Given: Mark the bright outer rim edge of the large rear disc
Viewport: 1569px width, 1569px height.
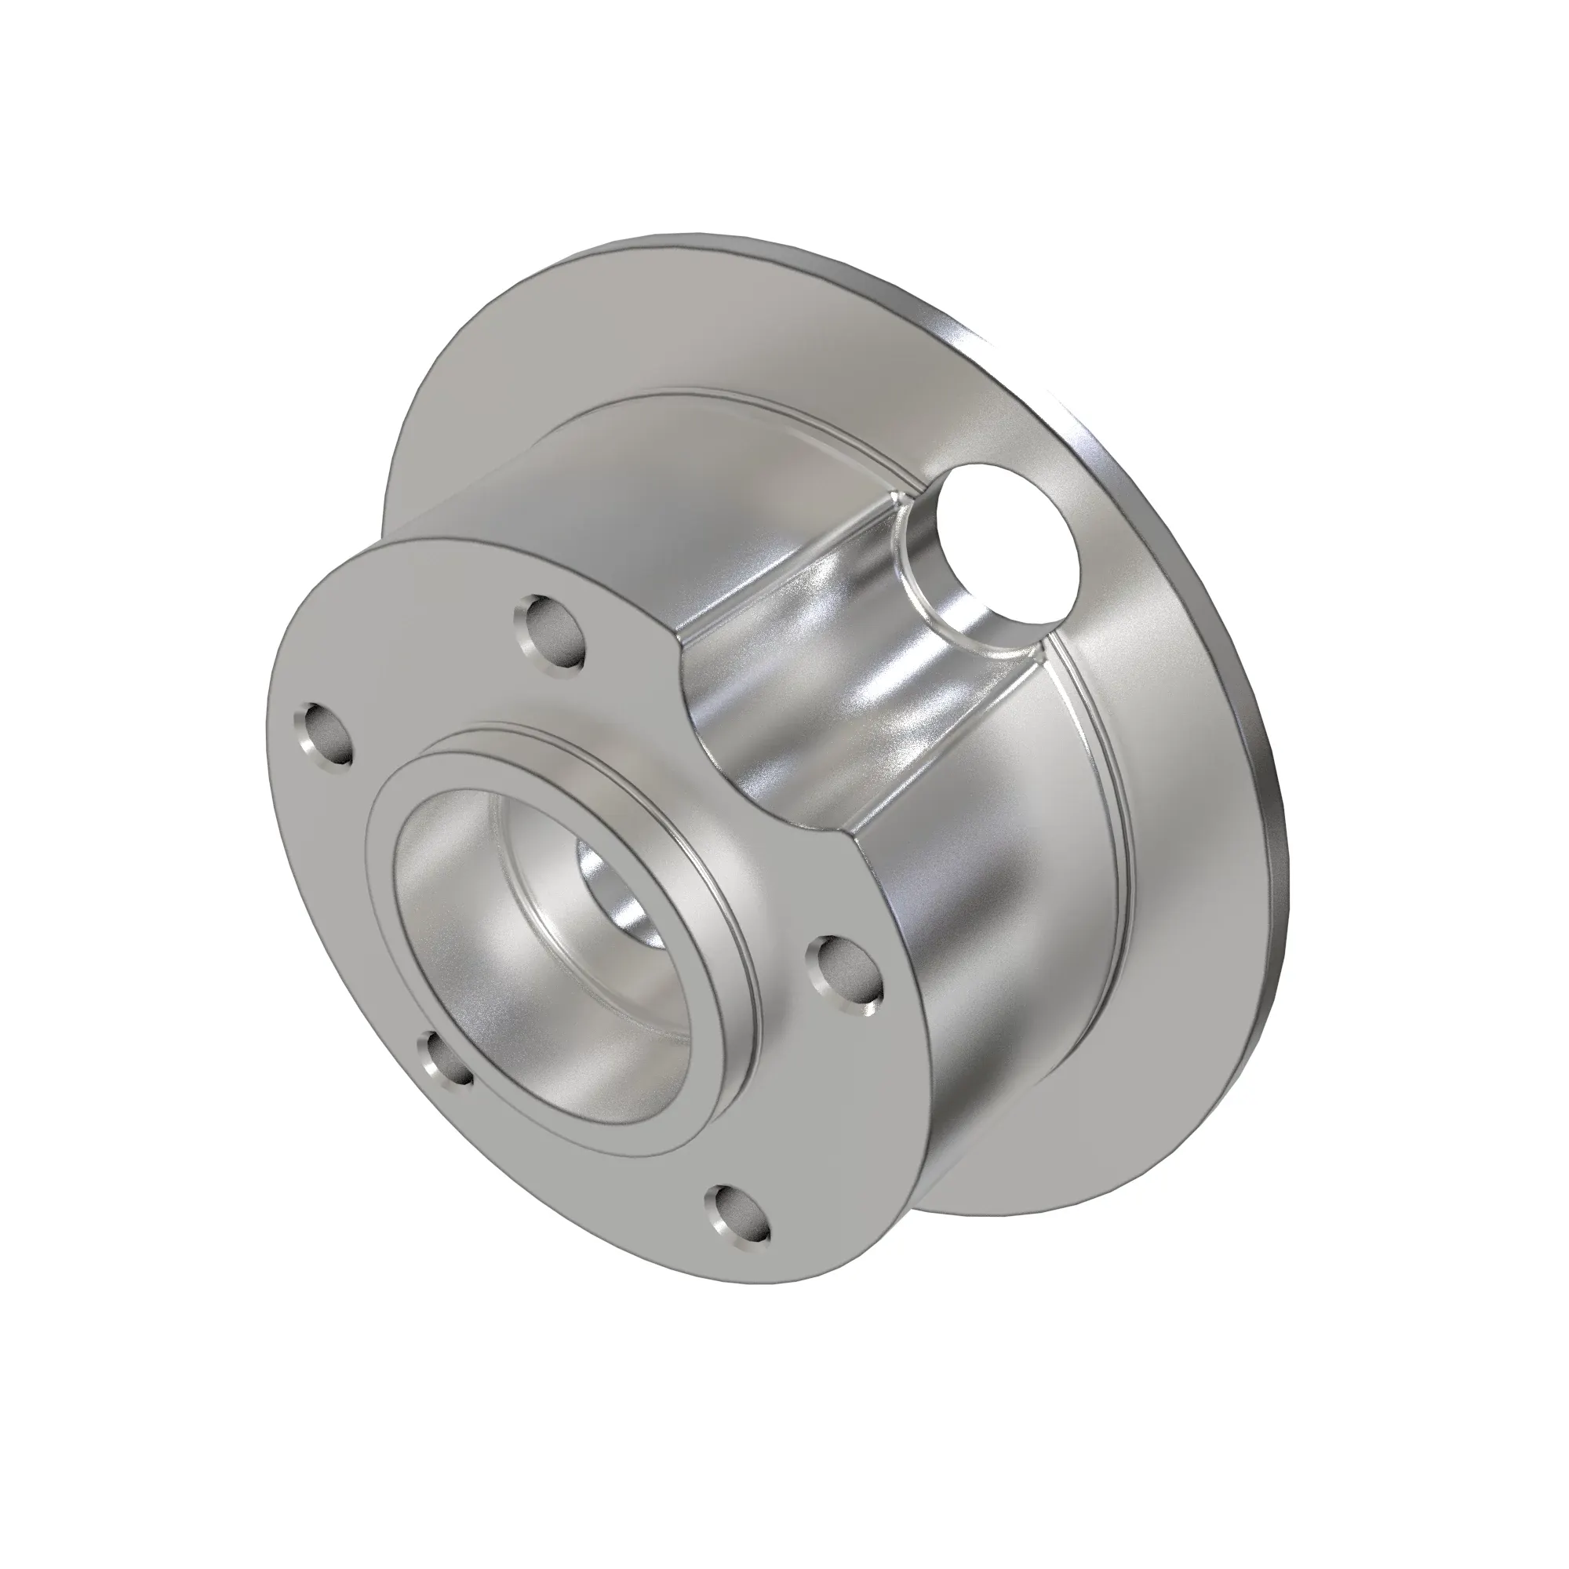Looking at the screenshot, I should [x=1267, y=731].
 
